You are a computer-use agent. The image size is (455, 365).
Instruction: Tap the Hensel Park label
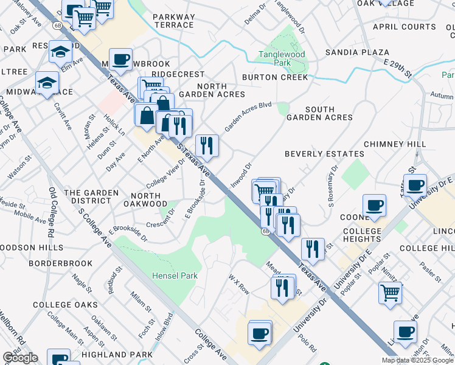(x=175, y=276)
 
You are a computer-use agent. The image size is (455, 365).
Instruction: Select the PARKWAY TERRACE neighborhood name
(x=174, y=21)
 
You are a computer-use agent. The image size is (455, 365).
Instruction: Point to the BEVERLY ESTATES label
(x=324, y=154)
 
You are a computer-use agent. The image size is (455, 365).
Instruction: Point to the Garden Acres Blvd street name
(x=248, y=116)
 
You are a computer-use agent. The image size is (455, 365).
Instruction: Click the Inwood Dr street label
(x=241, y=175)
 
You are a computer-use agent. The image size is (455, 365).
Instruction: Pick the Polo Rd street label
(x=308, y=343)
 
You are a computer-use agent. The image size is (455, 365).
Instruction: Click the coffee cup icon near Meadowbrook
(x=121, y=58)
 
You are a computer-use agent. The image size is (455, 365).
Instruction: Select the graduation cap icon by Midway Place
(x=46, y=82)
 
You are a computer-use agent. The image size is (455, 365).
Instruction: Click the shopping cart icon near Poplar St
(x=390, y=293)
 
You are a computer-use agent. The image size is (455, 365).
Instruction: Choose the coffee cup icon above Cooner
(x=374, y=205)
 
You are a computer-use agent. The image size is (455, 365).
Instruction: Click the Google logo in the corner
(x=20, y=358)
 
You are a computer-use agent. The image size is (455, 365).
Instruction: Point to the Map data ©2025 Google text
(x=417, y=360)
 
